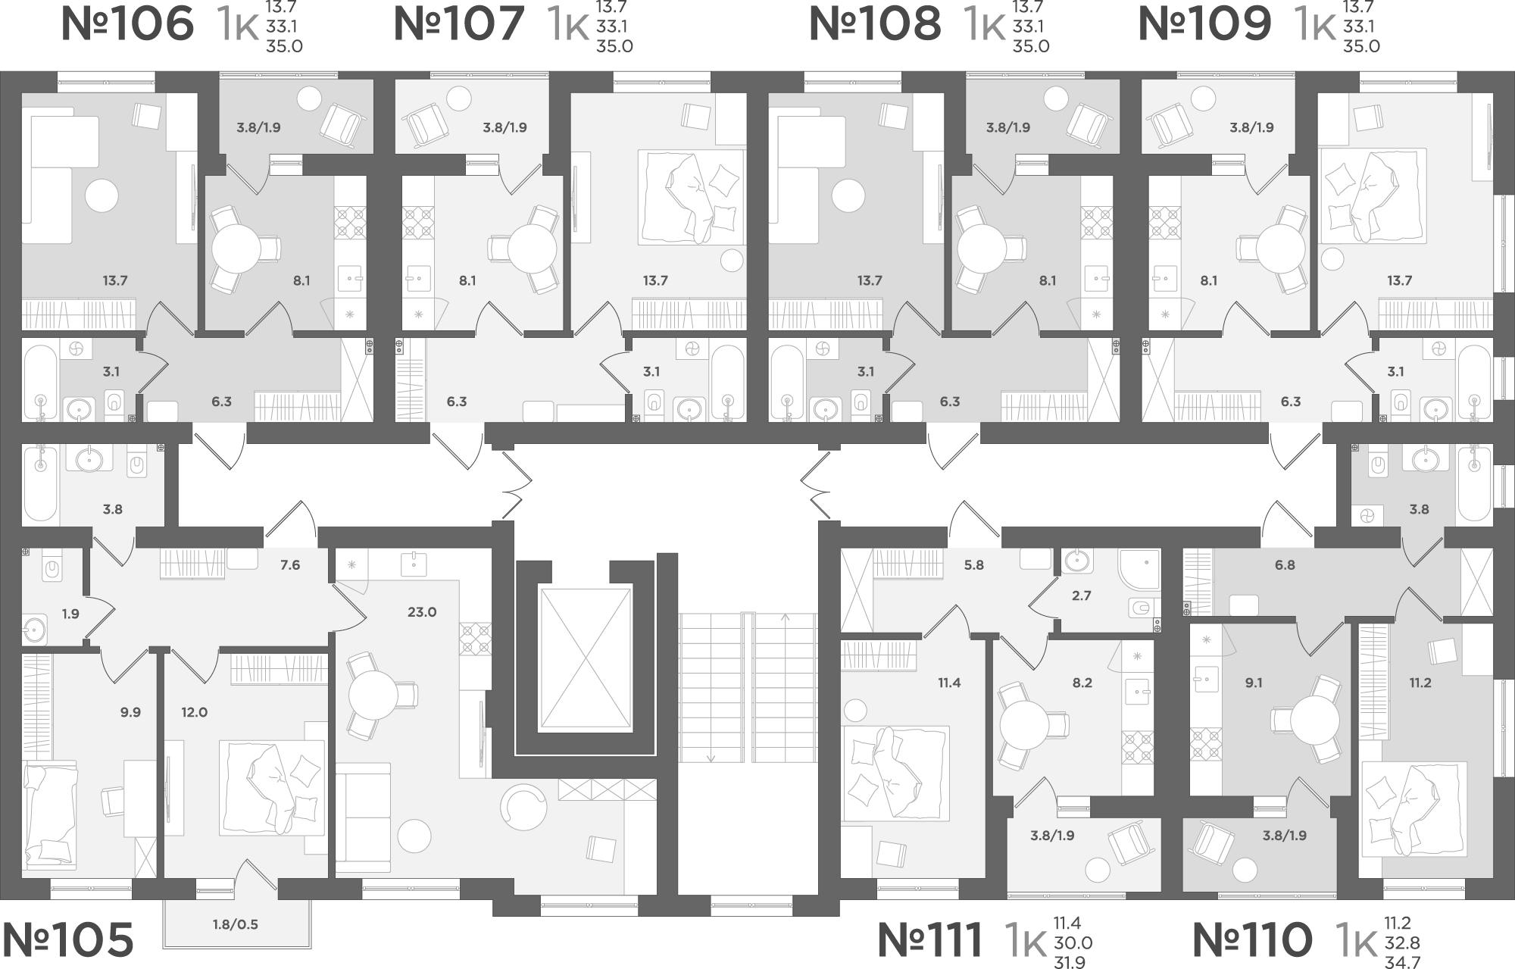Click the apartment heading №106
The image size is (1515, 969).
pos(127,23)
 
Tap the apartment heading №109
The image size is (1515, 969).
pos(1205,23)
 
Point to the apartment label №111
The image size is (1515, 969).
pos(930,940)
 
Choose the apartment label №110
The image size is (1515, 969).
pos(1252,940)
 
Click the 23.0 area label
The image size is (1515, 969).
pos(422,612)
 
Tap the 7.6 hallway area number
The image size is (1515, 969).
pos(290,565)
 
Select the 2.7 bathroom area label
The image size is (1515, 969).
pos(1082,595)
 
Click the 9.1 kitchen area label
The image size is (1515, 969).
pos(1254,683)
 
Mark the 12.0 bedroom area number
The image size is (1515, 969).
pos(194,713)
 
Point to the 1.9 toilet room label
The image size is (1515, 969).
pos(70,614)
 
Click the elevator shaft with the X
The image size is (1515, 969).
pos(584,658)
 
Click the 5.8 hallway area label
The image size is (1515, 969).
pos(974,565)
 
